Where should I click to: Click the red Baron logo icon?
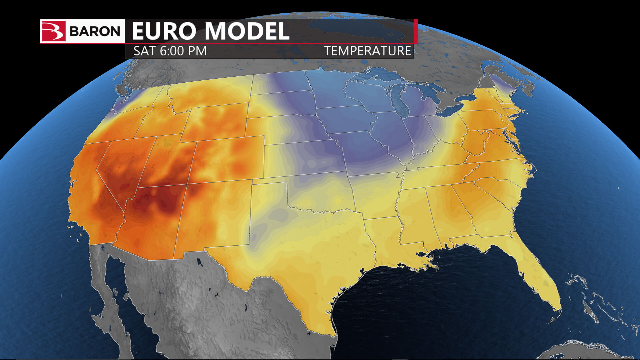pos(53,31)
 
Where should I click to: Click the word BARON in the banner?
pos(95,31)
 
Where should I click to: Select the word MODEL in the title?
pos(247,31)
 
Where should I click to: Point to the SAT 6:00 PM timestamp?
pos(170,51)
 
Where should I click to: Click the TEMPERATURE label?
pos(368,51)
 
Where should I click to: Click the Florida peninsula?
pos(540,277)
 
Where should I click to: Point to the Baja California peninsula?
pos(107,300)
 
